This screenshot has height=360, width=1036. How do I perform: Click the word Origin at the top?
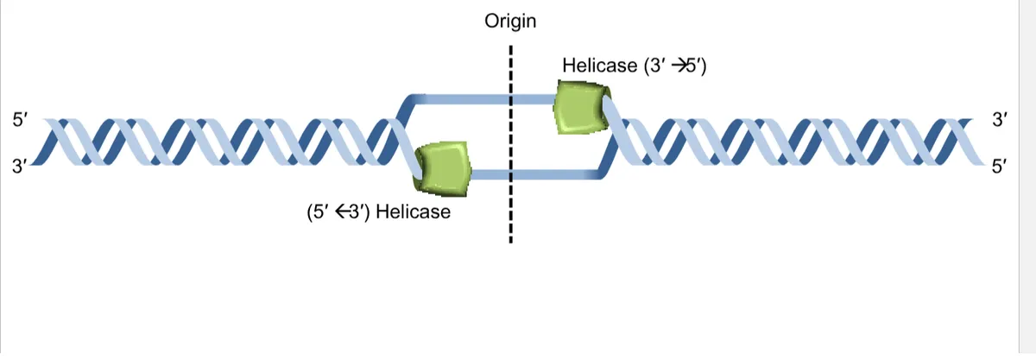(x=510, y=22)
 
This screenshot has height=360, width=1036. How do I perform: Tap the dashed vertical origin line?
(x=510, y=144)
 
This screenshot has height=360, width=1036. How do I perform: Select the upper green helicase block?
(x=582, y=107)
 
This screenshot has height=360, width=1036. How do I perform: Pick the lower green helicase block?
(x=442, y=169)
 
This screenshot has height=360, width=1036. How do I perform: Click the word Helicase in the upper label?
(x=599, y=66)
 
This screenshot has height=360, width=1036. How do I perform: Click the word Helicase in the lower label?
(x=413, y=212)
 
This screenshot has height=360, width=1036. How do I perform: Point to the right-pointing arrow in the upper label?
(x=679, y=66)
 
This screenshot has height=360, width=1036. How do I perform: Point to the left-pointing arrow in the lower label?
(x=342, y=212)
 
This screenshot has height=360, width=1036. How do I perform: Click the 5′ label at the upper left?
(x=20, y=120)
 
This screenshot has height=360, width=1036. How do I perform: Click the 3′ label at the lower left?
(x=20, y=166)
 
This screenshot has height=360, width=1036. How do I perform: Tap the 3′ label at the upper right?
(x=1000, y=120)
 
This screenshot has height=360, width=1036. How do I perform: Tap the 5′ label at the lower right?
(x=1000, y=166)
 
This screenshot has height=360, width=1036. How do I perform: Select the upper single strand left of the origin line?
(x=463, y=99)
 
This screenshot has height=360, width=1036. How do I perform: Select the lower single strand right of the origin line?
(x=555, y=174)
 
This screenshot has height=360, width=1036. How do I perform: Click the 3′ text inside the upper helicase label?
(x=658, y=66)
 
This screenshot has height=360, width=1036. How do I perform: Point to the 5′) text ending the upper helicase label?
(x=697, y=66)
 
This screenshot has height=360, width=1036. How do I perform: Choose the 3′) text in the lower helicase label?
(x=360, y=212)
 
